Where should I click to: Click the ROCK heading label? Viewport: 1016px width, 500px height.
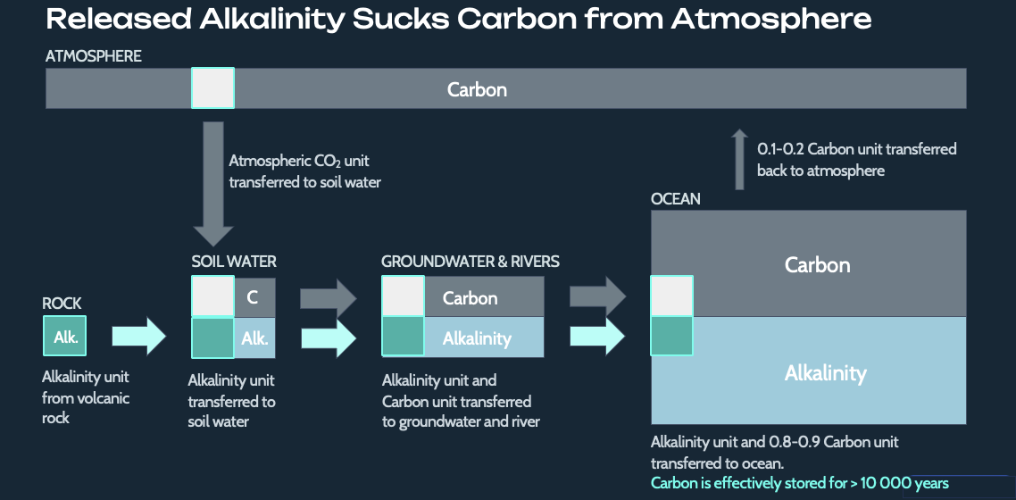point(62,304)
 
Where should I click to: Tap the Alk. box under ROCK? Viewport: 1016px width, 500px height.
point(65,337)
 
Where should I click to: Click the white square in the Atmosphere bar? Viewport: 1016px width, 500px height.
point(212,88)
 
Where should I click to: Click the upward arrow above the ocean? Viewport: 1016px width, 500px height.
point(738,160)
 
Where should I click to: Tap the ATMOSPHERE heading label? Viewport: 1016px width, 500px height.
point(93,56)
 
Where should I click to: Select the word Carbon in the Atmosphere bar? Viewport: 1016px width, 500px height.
point(477,89)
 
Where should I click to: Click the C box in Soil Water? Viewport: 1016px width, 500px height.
point(254,297)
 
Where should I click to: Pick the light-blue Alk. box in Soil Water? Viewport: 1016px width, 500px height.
point(254,338)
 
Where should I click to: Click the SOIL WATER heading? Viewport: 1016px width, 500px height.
point(234,262)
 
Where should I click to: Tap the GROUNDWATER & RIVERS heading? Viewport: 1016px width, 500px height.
point(471,262)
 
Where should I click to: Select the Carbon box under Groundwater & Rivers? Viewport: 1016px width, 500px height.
point(483,297)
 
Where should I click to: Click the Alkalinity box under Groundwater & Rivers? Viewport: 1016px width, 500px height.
point(483,338)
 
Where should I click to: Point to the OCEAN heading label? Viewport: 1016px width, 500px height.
point(676,198)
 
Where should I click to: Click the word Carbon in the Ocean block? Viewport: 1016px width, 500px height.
point(817,265)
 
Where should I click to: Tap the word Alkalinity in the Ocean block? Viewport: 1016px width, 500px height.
point(825,372)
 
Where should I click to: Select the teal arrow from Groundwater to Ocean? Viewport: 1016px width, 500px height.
point(597,337)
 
